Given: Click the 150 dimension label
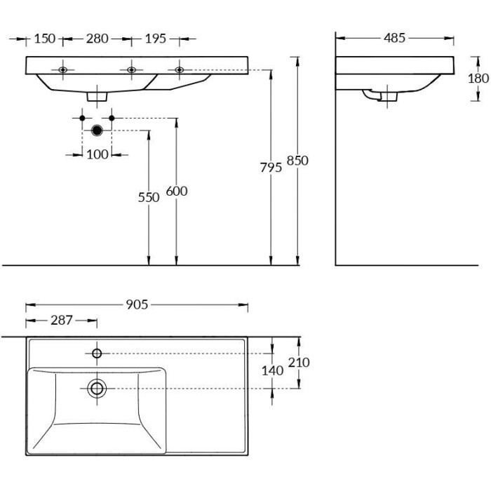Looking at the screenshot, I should tap(44, 39).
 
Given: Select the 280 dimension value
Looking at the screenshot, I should tap(97, 39).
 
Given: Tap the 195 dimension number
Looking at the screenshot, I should tap(155, 39).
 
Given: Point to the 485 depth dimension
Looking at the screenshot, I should tap(394, 38).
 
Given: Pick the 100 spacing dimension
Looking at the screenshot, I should tap(97, 154).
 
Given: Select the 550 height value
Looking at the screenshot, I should tap(149, 197).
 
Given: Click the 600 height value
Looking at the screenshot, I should tap(176, 191).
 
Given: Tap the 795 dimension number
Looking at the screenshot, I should tap(271, 167).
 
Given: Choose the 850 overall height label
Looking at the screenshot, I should tap(297, 160).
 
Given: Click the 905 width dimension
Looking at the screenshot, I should tap(137, 304).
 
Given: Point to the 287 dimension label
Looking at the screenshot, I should tap(61, 320).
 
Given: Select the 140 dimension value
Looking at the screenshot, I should tap(272, 370).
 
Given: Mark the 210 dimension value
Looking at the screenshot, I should tap(299, 362).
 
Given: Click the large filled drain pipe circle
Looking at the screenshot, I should tap(97, 130).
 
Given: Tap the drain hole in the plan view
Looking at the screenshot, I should tap(96, 387).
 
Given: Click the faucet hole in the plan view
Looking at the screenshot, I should tap(96, 352).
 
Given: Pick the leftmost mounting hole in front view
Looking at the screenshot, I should tap(63, 70).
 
